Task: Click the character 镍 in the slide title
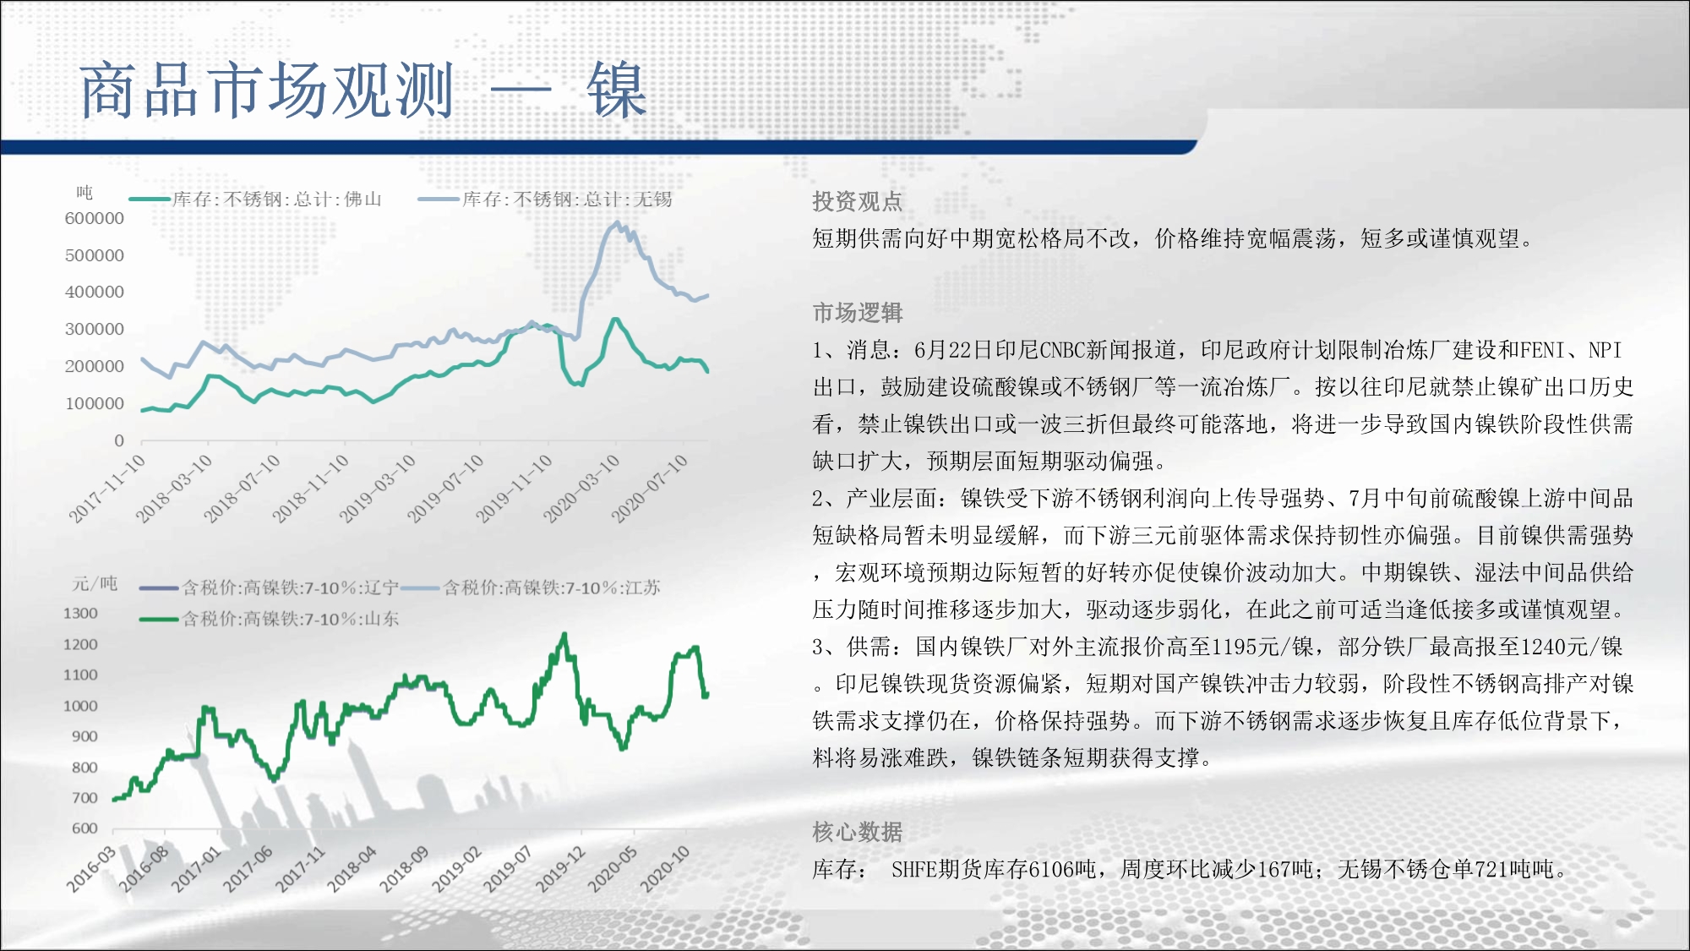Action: pyautogui.click(x=618, y=90)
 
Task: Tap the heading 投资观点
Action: pyautogui.click(x=858, y=201)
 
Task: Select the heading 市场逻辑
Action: pyautogui.click(x=858, y=313)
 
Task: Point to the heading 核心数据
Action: pyautogui.click(x=858, y=832)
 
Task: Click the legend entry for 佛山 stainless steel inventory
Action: pyautogui.click(x=255, y=199)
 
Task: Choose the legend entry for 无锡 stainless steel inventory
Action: pyautogui.click(x=545, y=199)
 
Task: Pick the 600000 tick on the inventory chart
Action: pyautogui.click(x=95, y=218)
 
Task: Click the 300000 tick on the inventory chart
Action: pyautogui.click(x=95, y=329)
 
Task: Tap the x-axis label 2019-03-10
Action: pyautogui.click(x=378, y=488)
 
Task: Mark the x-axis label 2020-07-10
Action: pyautogui.click(x=649, y=488)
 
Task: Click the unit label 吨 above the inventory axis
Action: pyautogui.click(x=84, y=193)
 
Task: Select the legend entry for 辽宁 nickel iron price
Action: pyautogui.click(x=269, y=588)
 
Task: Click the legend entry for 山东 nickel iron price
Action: pyautogui.click(x=269, y=619)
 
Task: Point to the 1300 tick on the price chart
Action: pyautogui.click(x=80, y=613)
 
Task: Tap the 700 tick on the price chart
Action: pyautogui.click(x=84, y=798)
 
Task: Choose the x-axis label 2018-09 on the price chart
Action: pyautogui.click(x=404, y=869)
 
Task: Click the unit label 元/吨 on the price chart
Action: pyautogui.click(x=95, y=584)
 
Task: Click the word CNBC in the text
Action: pyautogui.click(x=1063, y=350)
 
